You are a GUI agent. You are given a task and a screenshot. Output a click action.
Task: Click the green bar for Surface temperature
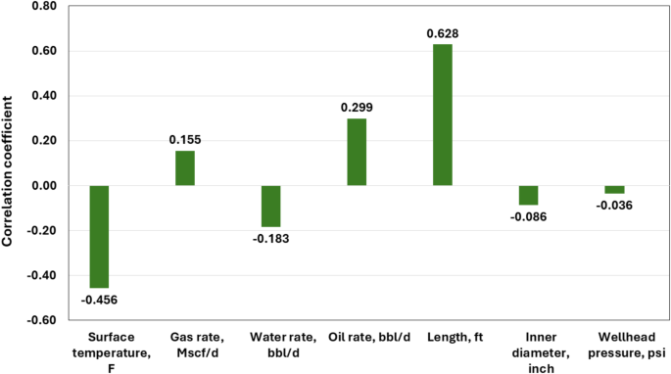99,236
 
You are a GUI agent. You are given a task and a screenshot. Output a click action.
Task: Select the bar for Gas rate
185,168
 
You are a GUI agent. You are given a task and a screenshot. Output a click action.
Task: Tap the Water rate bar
270,206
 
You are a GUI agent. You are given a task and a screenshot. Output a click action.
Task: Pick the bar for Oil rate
357,152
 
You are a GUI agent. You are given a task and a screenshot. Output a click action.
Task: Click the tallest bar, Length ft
442,115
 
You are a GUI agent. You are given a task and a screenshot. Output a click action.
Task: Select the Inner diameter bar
528,195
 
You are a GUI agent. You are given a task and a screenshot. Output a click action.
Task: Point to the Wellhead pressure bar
614,189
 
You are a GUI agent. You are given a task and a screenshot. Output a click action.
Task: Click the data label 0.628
442,34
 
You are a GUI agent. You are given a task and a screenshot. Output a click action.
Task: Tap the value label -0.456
99,299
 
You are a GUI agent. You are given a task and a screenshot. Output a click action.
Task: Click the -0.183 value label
270,238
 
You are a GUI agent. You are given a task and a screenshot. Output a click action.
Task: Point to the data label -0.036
614,205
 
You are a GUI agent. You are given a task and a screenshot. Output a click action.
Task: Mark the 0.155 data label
185,140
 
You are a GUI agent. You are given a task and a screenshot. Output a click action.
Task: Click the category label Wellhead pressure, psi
614,346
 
